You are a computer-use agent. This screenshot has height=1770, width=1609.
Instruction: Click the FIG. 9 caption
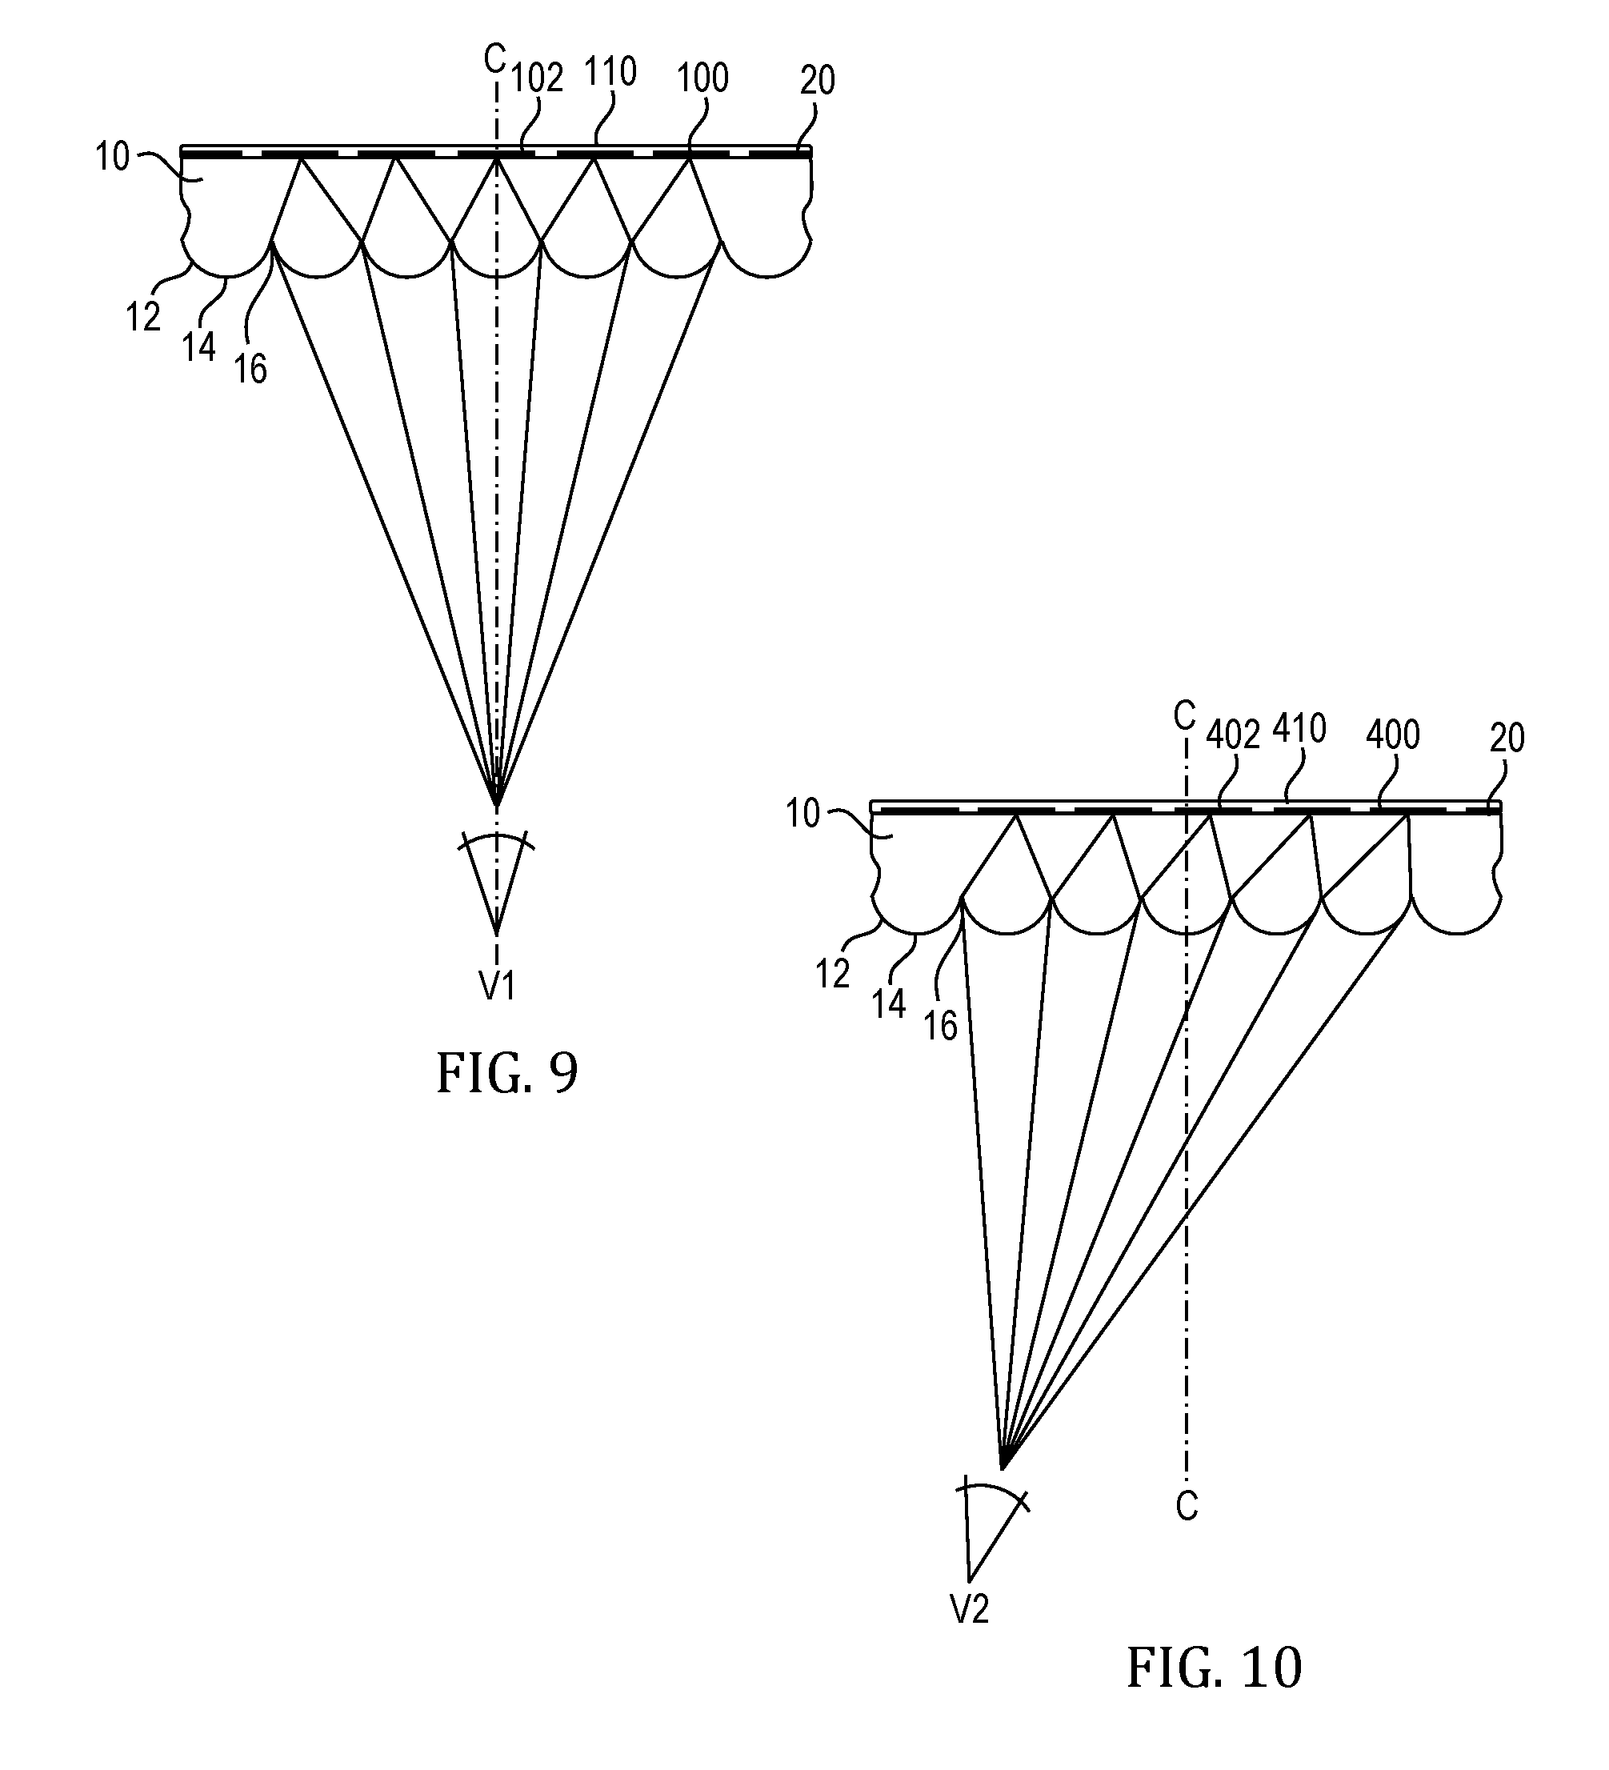[507, 1073]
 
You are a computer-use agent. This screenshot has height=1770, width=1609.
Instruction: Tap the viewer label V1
[497, 987]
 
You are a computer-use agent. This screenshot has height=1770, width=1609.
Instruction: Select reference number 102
[537, 78]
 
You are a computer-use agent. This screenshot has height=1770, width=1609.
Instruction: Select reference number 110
[610, 71]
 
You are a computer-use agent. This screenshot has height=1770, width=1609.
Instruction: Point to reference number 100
[703, 78]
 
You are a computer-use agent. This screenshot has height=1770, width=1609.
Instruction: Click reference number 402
[1233, 735]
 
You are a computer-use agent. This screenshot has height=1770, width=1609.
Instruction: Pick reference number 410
[1299, 728]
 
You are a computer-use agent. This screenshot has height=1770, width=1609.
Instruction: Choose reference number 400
[1393, 734]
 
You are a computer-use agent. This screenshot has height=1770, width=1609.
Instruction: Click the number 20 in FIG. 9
[817, 81]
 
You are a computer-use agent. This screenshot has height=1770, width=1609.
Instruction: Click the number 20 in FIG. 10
[1507, 739]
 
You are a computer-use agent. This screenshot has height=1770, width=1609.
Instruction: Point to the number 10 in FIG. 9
[112, 157]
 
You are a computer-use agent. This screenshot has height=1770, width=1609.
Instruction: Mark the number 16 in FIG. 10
[941, 1026]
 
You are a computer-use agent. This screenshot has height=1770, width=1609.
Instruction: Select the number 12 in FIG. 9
[143, 317]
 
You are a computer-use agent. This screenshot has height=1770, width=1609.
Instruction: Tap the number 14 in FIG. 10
[888, 1003]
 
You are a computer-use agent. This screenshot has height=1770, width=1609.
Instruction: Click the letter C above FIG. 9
[495, 60]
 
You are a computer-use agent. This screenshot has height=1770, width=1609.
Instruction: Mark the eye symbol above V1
[497, 878]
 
